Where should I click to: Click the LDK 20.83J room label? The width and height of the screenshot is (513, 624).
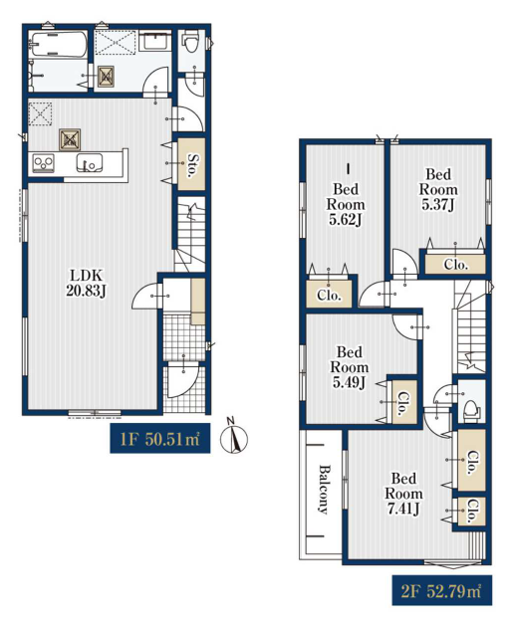click(86, 283)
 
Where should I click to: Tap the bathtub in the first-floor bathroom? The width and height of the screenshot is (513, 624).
click(59, 44)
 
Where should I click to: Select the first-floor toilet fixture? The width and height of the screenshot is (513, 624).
click(190, 43)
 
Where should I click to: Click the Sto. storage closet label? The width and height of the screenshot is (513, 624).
click(192, 165)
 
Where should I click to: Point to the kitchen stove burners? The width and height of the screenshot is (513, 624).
click(44, 163)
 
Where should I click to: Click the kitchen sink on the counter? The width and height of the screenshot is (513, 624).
click(90, 163)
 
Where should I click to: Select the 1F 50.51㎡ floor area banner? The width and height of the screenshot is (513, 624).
click(159, 438)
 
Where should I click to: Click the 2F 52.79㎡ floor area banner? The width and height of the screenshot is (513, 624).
click(441, 590)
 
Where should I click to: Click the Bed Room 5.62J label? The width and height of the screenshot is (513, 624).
click(346, 204)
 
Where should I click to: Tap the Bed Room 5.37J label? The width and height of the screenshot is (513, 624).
click(438, 189)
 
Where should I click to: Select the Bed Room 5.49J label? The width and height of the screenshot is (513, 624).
click(350, 367)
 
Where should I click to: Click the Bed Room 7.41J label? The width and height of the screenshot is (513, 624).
click(403, 494)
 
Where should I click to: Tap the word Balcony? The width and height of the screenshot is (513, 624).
click(323, 489)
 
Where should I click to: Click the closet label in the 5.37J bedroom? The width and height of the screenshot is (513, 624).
click(455, 265)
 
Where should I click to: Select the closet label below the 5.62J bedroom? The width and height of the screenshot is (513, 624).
click(329, 296)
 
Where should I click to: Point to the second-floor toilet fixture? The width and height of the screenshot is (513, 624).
click(471, 409)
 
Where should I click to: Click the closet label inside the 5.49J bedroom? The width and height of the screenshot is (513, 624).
click(403, 404)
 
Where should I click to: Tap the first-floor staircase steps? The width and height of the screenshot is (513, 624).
click(191, 235)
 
